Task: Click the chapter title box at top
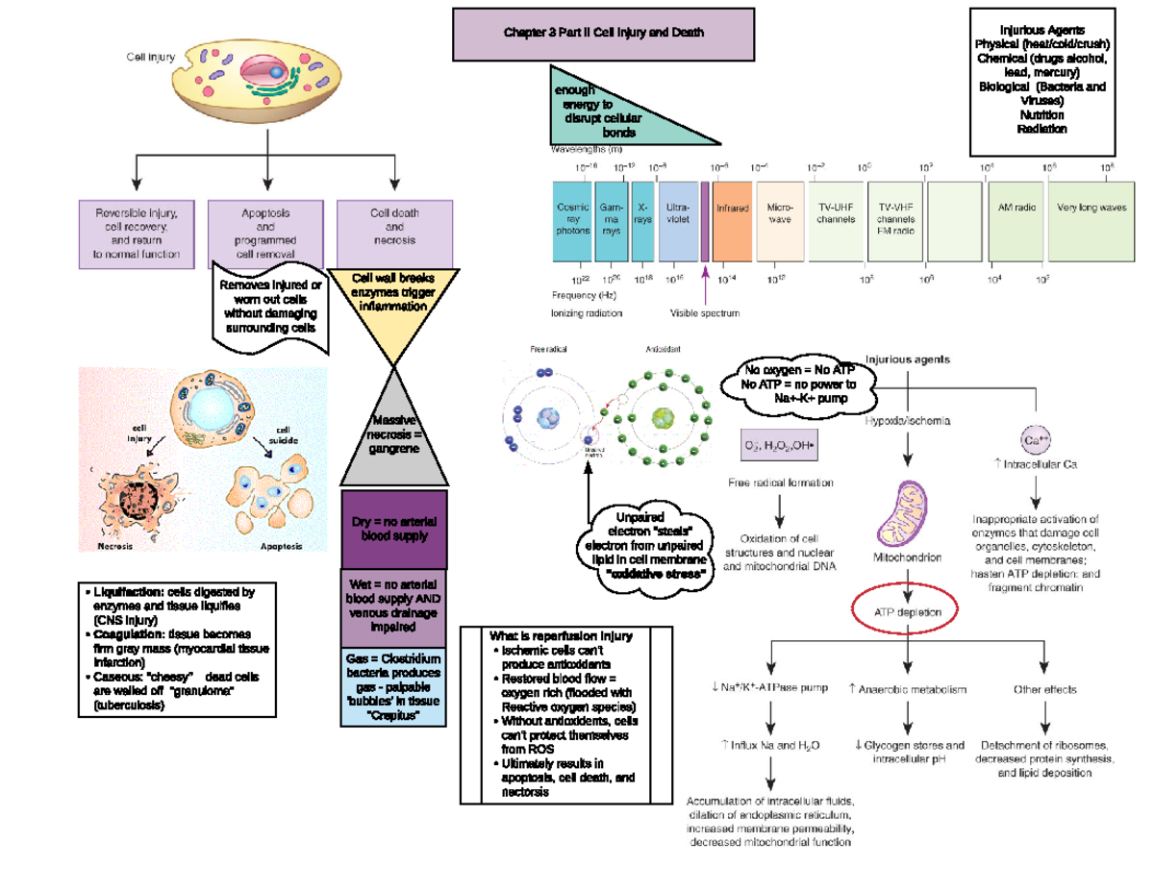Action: click(604, 34)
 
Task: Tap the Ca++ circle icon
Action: click(1037, 440)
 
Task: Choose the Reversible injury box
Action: click(136, 233)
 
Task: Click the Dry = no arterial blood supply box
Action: click(394, 529)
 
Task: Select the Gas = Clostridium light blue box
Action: click(394, 688)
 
